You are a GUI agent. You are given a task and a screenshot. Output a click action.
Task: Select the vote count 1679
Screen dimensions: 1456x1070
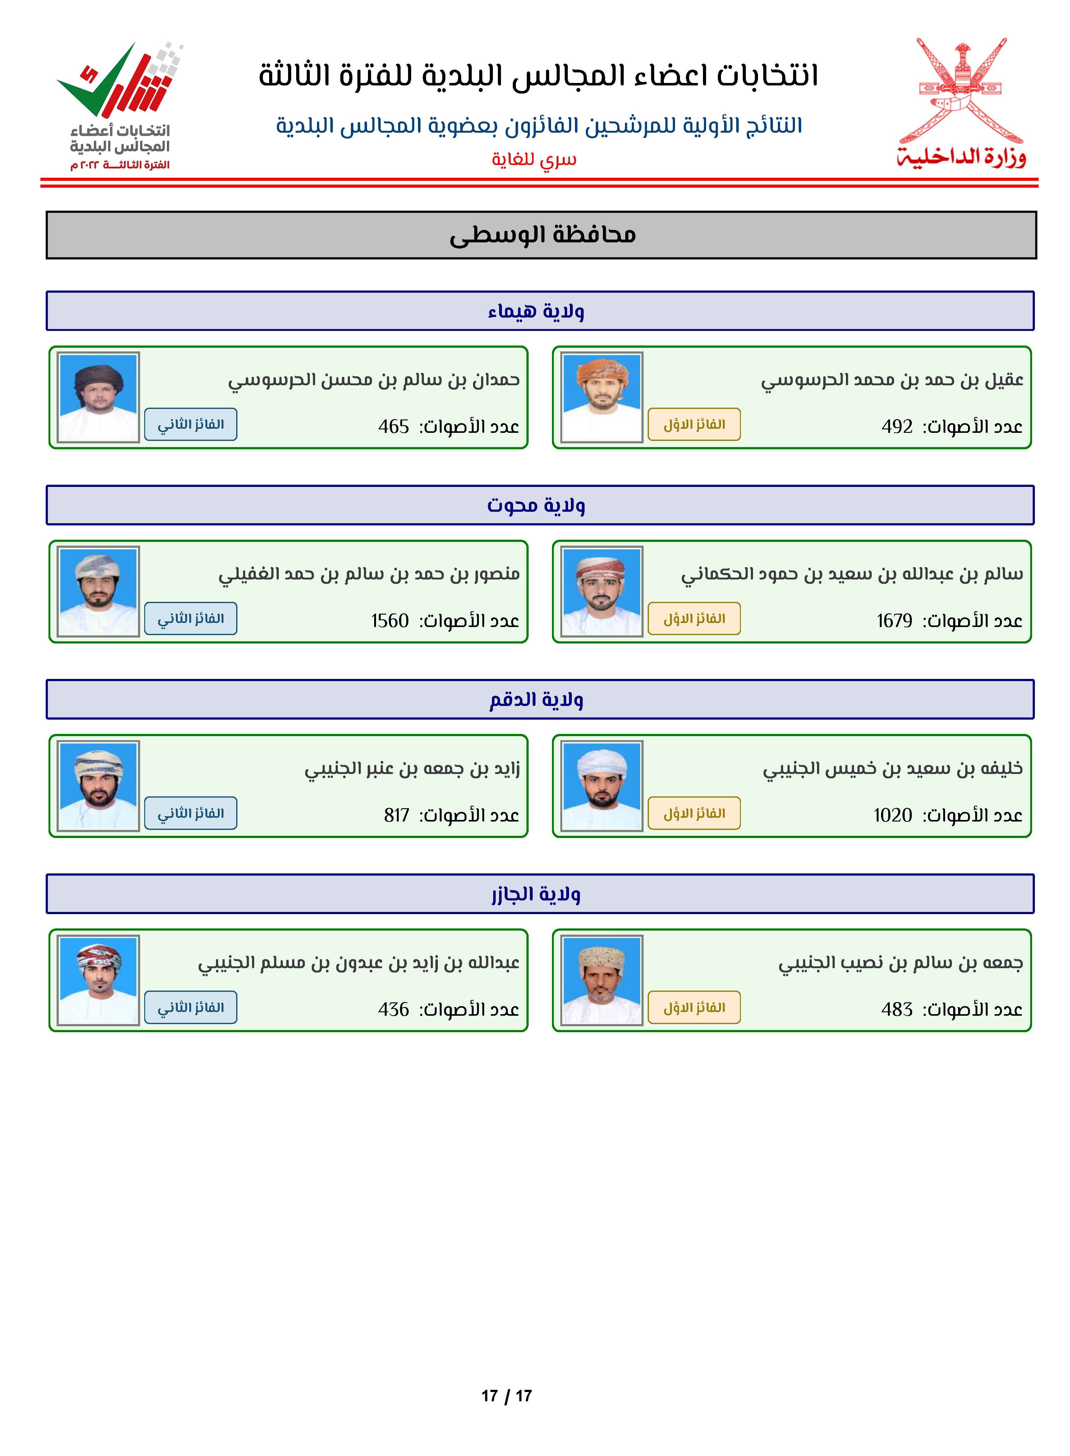point(894,621)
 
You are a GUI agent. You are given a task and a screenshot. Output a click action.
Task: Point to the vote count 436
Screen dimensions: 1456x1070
point(393,1009)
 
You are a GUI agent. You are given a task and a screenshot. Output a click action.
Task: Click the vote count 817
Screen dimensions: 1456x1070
point(396,815)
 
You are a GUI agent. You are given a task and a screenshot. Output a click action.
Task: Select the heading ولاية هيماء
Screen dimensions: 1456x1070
point(536,311)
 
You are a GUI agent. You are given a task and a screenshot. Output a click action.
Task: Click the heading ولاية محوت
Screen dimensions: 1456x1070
point(536,505)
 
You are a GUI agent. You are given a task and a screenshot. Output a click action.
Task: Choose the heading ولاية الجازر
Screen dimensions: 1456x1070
point(536,894)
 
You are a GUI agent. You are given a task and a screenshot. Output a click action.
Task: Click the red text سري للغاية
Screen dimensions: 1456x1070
point(534,159)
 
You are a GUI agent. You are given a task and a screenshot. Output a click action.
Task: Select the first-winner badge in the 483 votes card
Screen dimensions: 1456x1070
point(694,1007)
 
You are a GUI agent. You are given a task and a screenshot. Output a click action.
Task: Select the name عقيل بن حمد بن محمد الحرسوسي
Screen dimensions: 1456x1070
point(892,380)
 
